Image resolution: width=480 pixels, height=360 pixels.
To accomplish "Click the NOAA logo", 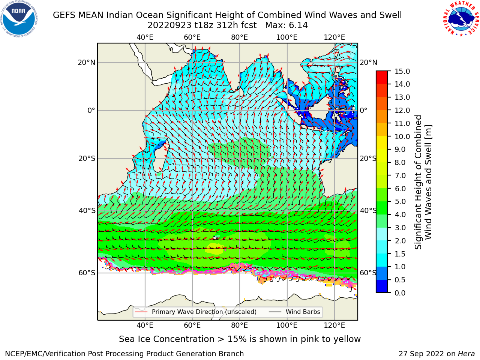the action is pos(19,19).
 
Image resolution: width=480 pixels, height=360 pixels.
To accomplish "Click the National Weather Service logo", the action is pos(461,18).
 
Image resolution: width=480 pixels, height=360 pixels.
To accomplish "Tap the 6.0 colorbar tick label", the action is pos(400,189).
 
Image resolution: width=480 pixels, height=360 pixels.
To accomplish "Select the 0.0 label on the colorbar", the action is pos(400,293).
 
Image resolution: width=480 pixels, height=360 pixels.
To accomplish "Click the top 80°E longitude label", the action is pos(240,37).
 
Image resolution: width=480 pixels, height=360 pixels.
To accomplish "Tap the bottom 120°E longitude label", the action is pos(334,325).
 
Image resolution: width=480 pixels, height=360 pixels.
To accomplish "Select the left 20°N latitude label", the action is pos(87,63).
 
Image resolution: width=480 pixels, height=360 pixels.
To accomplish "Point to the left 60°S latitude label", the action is pos(87,273).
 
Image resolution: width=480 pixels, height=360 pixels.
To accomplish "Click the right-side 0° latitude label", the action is pos(363,110).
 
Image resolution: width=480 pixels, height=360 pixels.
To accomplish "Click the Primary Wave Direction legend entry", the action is pos(196,312).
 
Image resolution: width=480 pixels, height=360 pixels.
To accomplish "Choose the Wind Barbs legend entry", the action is pos(294,312).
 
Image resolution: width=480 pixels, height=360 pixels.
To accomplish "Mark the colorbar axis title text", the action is pos(423,182).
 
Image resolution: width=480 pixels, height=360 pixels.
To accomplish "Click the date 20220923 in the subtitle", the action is pos(169,25).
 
